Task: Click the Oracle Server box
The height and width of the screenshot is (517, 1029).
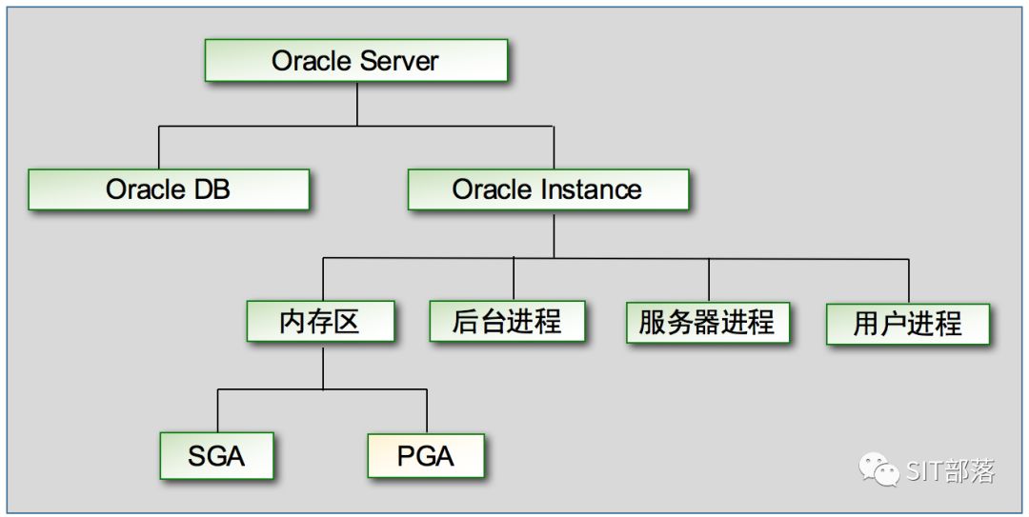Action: [x=356, y=61]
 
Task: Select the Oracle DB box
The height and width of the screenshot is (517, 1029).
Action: [x=169, y=189]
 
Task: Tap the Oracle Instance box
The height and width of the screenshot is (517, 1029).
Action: [x=548, y=189]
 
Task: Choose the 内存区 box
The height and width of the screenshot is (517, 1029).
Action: [x=320, y=321]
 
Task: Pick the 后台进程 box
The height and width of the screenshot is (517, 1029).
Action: [x=507, y=321]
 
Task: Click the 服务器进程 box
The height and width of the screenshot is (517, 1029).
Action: [x=707, y=322]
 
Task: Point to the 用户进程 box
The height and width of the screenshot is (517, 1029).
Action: [x=908, y=324]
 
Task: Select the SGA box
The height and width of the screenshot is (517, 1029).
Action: [x=216, y=456]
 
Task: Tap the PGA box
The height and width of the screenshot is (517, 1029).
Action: [x=426, y=456]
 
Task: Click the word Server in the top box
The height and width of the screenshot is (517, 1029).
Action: [x=399, y=61]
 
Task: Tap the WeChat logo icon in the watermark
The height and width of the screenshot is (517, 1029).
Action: [x=878, y=468]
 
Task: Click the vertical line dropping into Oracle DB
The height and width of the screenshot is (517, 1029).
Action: [x=158, y=148]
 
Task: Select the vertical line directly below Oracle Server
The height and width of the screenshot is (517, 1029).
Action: [x=357, y=103]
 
